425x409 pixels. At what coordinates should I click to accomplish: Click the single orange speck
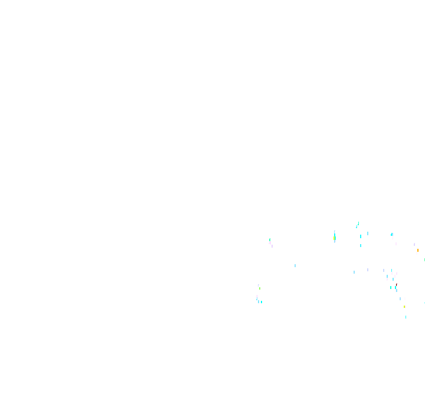[418, 250]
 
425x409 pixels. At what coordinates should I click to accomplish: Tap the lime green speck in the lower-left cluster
[259, 288]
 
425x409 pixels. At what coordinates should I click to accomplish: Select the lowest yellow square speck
[404, 307]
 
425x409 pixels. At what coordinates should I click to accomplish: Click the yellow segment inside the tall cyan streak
[335, 238]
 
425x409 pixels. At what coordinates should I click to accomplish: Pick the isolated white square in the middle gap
[295, 265]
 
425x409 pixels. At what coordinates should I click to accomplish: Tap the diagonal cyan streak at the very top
[357, 225]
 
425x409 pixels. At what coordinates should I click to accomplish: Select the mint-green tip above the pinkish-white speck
[270, 239]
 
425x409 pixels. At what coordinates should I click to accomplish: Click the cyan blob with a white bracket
[391, 235]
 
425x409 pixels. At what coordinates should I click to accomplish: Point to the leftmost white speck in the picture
[257, 296]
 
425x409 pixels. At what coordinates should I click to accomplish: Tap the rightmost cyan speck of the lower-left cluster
[261, 302]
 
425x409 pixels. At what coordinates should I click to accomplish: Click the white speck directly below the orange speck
[417, 254]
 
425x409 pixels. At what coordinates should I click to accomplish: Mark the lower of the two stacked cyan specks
[361, 245]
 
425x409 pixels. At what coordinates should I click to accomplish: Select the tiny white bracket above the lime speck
[258, 285]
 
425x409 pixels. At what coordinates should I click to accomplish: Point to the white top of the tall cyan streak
[334, 231]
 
